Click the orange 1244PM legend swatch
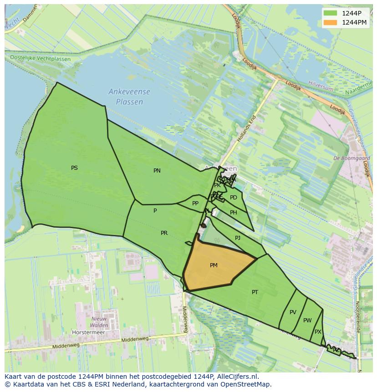point(331,22)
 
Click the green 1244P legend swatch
point(331,13)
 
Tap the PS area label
point(74,168)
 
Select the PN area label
point(157,171)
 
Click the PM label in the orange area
point(214,265)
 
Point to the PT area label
point(255,292)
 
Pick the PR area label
point(164,233)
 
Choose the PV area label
point(293,312)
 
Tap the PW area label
point(307,321)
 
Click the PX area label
point(318,332)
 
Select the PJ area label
point(238,238)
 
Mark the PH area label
point(234,213)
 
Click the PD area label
point(234,198)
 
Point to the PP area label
point(195,204)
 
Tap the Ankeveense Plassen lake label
point(129,97)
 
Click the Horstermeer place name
point(88,332)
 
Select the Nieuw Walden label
point(99,322)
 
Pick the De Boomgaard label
point(352,158)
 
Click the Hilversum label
point(321,84)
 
